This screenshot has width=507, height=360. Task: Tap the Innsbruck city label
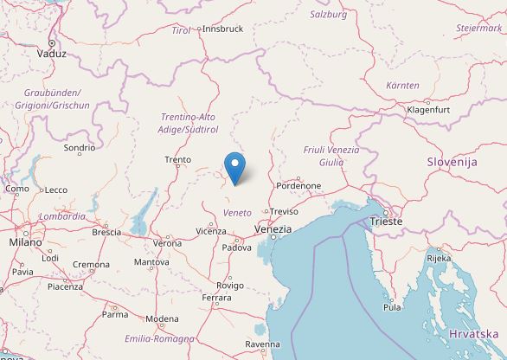pos(221,29)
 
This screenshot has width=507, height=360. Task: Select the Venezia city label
pos(273,228)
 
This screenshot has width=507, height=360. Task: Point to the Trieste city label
pos(386,222)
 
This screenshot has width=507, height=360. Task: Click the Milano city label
pos(25,243)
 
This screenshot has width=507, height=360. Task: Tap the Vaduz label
pos(52,53)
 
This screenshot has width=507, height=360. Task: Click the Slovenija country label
pos(452,162)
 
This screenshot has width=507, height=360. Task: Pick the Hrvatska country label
pos(474,334)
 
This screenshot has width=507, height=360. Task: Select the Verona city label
pos(168,243)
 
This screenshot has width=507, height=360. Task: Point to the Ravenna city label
pos(262,344)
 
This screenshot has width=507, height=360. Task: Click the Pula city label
pos(393,306)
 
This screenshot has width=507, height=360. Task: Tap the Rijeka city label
pos(439,258)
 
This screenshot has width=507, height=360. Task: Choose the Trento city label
pos(177,159)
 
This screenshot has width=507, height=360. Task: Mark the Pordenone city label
pos(298,185)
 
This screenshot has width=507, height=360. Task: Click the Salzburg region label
pos(328,14)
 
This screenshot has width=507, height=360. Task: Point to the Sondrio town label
pos(80,149)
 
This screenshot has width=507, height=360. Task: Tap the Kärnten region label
pos(403,85)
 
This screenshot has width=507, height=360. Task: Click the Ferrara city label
pos(216,298)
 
